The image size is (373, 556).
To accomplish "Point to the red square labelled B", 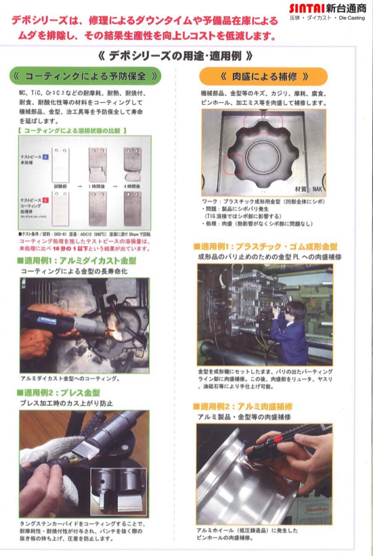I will [x=45, y=201].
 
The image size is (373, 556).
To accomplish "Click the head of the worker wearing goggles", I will [x=294, y=310].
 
